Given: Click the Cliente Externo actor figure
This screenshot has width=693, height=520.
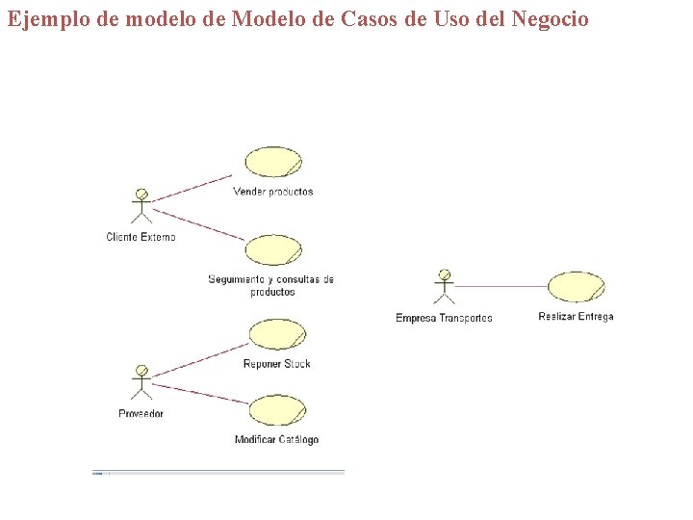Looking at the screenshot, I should [141, 206].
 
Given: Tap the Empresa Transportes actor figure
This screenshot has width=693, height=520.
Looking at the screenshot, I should [444, 287].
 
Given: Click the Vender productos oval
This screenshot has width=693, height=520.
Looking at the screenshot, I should [273, 162].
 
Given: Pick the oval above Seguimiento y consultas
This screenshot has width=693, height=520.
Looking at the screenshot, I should [273, 250].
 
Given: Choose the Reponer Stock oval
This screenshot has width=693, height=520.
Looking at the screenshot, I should [277, 334].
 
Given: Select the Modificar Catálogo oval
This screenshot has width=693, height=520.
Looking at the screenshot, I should [277, 410].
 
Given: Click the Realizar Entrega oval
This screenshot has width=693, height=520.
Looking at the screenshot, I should [576, 287].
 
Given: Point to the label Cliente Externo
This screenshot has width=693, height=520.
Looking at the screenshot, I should [141, 237].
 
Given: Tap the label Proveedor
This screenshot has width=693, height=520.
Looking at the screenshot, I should [141, 414].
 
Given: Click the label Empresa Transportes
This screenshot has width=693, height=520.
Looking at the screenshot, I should [444, 319].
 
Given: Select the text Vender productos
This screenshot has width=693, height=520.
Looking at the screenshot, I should [273, 192].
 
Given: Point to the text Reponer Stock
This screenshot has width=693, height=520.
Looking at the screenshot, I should [277, 364].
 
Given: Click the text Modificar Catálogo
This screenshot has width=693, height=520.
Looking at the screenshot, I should [276, 440].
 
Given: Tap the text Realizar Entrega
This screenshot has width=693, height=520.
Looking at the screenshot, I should [576, 317].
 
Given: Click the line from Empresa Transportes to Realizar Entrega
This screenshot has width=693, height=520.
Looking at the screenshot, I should [500, 286].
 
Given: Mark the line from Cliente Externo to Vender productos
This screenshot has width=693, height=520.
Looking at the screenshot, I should [192, 188].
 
